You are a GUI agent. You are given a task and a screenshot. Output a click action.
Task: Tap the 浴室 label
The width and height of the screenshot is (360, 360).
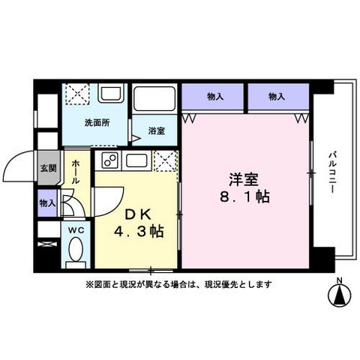point(156,129)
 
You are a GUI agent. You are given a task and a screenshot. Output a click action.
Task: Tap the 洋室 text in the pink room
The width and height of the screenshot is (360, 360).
point(243,180)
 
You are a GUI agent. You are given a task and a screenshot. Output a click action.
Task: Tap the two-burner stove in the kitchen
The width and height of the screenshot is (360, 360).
point(109,160)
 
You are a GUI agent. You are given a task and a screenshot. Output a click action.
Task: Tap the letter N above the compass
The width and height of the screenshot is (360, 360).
point(339,281)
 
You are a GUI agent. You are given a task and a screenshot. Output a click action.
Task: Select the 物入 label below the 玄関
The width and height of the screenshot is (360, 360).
point(46,202)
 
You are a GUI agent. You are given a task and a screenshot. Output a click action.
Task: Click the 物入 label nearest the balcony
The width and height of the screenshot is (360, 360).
point(277,96)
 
